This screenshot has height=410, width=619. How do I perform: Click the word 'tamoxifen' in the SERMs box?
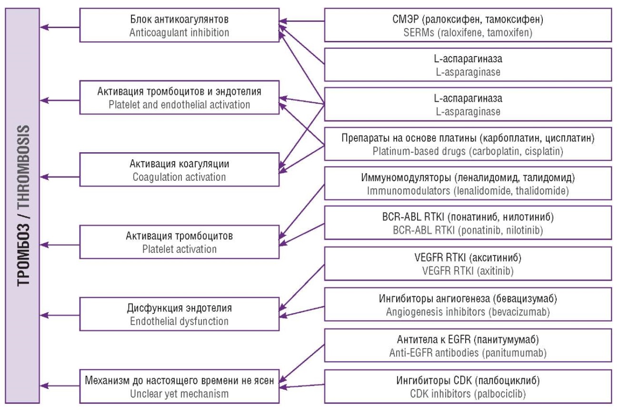click(509, 32)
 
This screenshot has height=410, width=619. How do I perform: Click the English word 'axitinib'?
click(496, 271)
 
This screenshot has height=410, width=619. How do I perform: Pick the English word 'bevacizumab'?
click(519, 312)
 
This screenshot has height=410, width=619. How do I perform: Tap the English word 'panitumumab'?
click(515, 353)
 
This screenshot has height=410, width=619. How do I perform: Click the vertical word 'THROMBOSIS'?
click(23, 166)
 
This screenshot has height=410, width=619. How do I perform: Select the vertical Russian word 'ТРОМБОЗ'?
click(23, 254)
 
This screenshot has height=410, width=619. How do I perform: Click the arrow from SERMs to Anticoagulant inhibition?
click(301, 21)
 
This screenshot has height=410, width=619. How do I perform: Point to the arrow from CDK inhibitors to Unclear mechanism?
click(301, 386)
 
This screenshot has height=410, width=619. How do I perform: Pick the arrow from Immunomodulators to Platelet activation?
click(301, 212)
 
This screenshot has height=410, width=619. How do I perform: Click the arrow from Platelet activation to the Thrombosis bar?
click(60, 245)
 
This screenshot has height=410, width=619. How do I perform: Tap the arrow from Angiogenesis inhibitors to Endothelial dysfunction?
click(301, 311)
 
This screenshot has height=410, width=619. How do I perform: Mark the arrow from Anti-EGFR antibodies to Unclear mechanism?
click(301, 363)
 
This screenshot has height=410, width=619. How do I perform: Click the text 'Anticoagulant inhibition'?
click(179, 32)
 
